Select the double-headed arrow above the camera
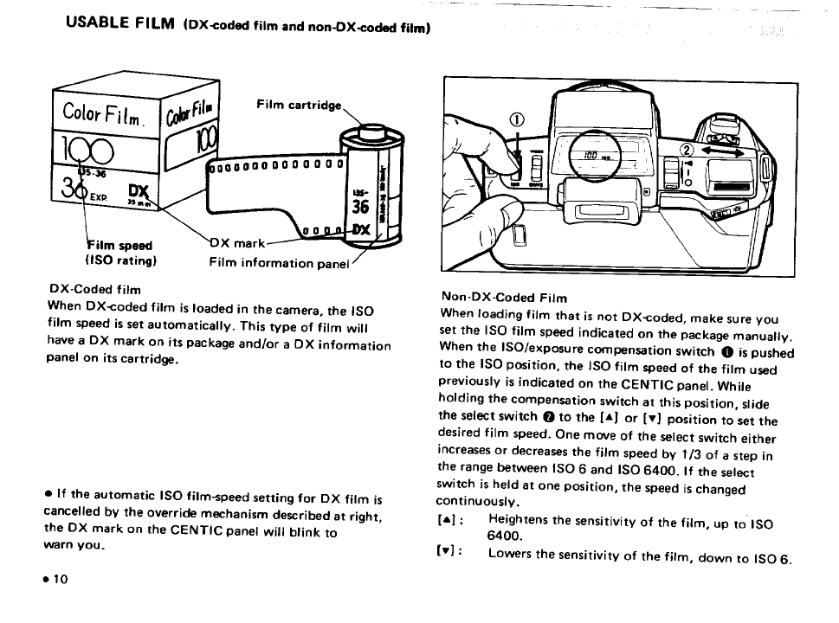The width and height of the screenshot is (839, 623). tap(732, 151)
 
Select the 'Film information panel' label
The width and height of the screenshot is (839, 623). tap(278, 262)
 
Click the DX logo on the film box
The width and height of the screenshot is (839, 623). tap(139, 191)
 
